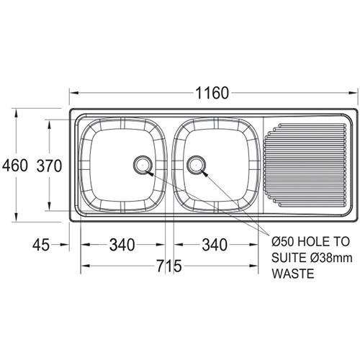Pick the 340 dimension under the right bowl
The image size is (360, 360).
(213, 246)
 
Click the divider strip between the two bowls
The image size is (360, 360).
(168, 165)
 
